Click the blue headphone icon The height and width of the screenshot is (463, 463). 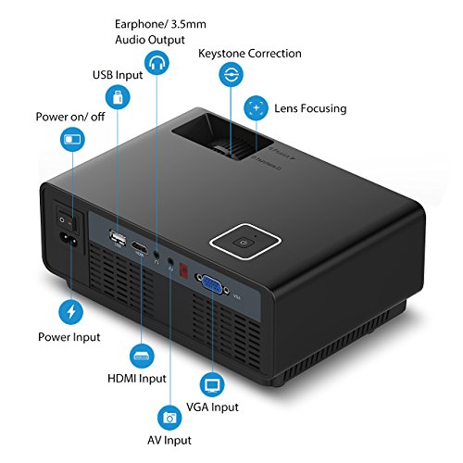[157, 64]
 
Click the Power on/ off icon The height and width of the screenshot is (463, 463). [70, 140]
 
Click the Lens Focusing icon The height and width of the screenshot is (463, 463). [257, 108]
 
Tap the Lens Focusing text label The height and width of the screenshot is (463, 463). [310, 108]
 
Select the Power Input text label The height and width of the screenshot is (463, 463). [69, 338]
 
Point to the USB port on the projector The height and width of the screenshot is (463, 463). [119, 241]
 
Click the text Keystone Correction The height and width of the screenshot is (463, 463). [250, 54]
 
